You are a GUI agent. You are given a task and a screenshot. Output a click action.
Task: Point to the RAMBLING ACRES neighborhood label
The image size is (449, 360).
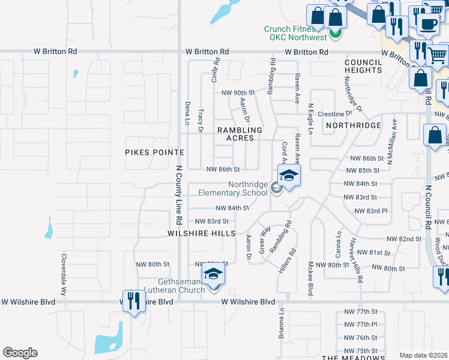[x=240, y=134]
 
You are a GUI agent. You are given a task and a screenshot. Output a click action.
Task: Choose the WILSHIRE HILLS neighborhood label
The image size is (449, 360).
[x=201, y=233]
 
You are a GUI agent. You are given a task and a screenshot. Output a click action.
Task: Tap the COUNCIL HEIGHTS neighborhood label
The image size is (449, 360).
[x=364, y=66]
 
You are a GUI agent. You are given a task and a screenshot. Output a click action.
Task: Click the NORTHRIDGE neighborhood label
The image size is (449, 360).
[x=354, y=125]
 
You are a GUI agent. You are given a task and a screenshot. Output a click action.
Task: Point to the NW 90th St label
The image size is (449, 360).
[x=238, y=92]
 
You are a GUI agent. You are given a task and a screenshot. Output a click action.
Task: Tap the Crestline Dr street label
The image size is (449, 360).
[x=334, y=113]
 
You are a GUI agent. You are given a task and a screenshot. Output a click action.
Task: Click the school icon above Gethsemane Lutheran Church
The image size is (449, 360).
[x=212, y=275]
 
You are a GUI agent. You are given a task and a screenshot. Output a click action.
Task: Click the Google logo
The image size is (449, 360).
[x=20, y=353]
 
